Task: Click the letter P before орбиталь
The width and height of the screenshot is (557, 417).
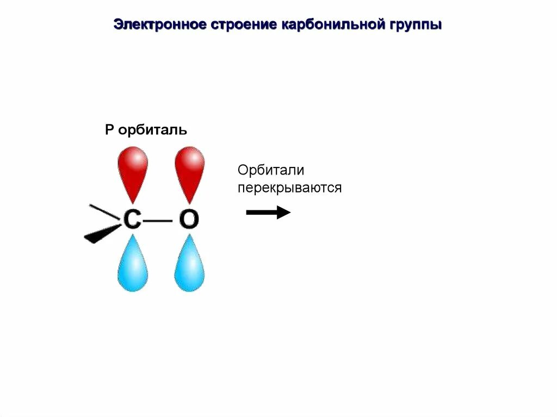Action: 109,130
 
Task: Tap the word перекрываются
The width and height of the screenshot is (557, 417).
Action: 289,188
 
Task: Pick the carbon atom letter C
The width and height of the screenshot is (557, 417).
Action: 132,219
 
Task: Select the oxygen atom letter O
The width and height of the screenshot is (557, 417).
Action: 189,219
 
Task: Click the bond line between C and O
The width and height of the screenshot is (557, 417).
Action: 159,220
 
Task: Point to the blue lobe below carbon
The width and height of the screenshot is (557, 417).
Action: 132,266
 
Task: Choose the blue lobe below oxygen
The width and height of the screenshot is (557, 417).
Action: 189,266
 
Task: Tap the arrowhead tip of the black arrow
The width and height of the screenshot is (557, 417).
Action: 289,212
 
